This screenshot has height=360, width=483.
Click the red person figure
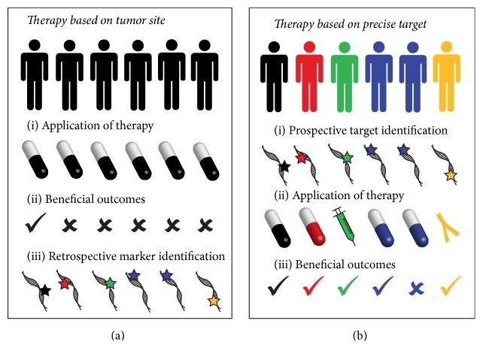(x=309, y=77)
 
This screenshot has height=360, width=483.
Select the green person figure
(x=345, y=77)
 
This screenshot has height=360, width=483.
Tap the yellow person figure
(x=447, y=77)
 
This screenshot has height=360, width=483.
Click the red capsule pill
(x=312, y=227)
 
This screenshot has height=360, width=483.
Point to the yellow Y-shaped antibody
(x=448, y=228)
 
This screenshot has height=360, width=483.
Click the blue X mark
(x=417, y=289)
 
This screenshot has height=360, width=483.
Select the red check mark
(x=313, y=286)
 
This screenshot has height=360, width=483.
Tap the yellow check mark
(x=451, y=286)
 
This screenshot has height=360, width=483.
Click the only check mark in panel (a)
(x=35, y=222)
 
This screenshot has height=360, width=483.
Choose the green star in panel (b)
(x=348, y=158)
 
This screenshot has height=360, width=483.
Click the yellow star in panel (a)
(x=214, y=301)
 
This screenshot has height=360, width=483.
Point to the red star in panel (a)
(x=65, y=283)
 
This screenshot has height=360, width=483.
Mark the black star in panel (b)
(x=284, y=166)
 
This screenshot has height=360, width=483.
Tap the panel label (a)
(x=117, y=335)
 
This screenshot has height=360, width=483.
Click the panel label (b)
(x=360, y=335)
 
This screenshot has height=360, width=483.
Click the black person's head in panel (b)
(x=274, y=47)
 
